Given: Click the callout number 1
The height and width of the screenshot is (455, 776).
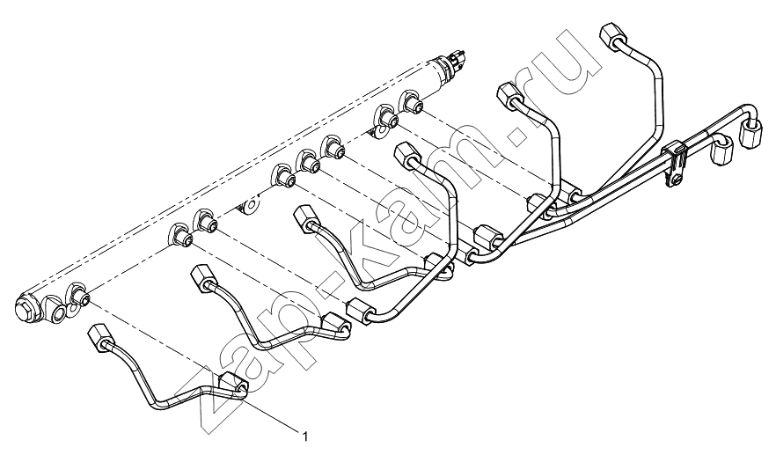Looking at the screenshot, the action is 305,437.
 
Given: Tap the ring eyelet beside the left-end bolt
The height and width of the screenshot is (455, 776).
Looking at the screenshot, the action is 57,312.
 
